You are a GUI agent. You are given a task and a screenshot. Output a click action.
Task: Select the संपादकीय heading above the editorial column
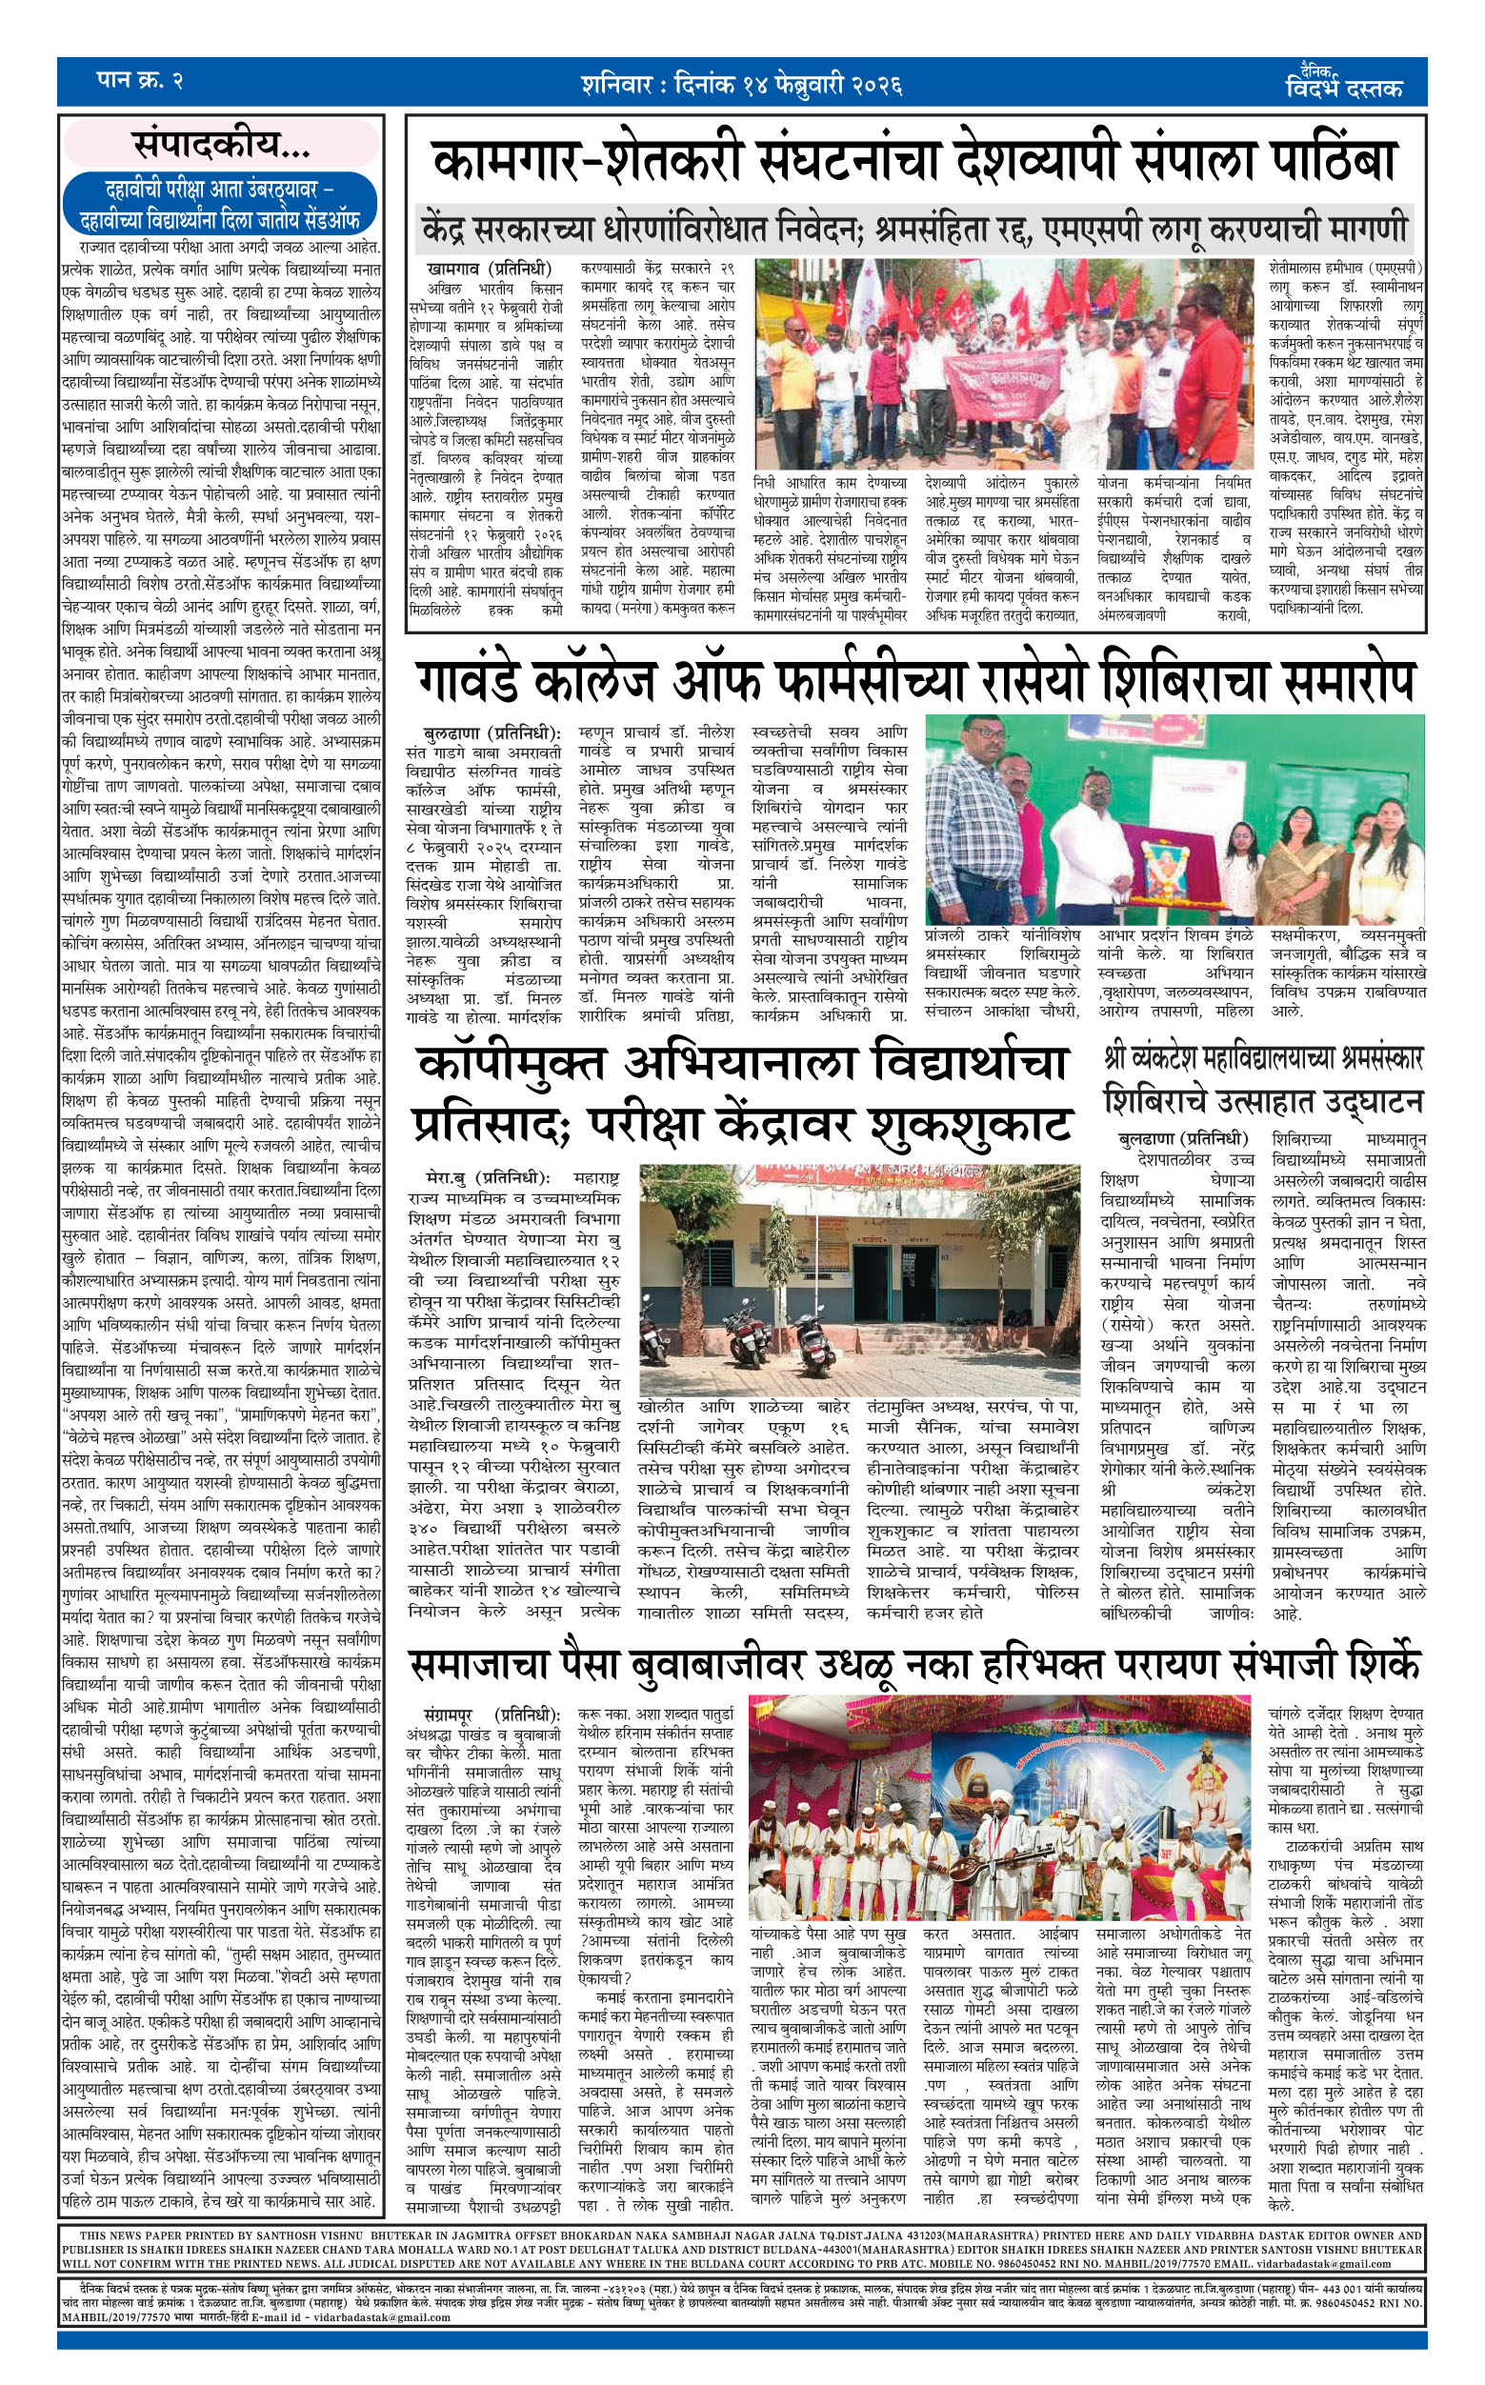tap(222, 146)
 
